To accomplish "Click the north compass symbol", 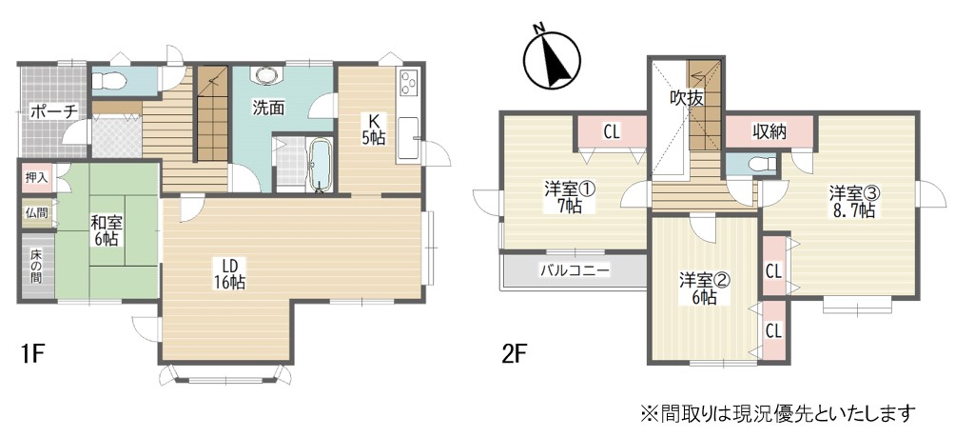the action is pos(552,60).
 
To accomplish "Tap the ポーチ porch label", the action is pos(53,111).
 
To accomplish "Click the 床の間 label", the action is pos(37,265).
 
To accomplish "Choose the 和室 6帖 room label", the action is pos(104,230).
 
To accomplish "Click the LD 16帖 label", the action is pos(229,273).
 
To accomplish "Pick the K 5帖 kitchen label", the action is pos(373,128).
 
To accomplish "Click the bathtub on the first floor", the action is pos(320,165).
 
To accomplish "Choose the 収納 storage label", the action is pos(768,131).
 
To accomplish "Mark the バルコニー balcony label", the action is pos(575,270).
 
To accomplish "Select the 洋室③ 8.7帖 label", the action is pos(852,202).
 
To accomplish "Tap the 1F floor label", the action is pos(29,353).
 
